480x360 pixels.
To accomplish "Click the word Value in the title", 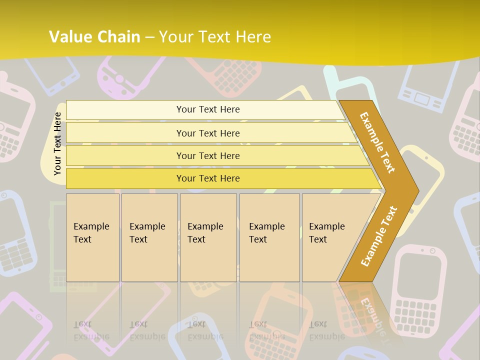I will (x=69, y=37).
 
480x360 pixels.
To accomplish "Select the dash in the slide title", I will (x=149, y=37).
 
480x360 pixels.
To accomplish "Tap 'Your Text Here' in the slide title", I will (x=215, y=37).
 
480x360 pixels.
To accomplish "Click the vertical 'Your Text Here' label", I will (x=57, y=143).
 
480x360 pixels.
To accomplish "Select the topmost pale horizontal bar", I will (x=205, y=109).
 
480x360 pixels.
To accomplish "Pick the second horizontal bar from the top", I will (x=208, y=133).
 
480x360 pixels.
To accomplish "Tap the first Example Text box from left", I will (x=92, y=237).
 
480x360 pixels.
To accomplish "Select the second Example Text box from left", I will (x=149, y=237).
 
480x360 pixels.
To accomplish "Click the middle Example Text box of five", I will (x=207, y=237).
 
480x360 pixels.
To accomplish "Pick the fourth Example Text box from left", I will (x=269, y=237).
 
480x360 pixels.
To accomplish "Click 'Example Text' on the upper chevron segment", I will (x=377, y=142).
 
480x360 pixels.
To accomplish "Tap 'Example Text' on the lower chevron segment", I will (x=378, y=236).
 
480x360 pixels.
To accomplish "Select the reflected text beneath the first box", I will (x=91, y=330).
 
